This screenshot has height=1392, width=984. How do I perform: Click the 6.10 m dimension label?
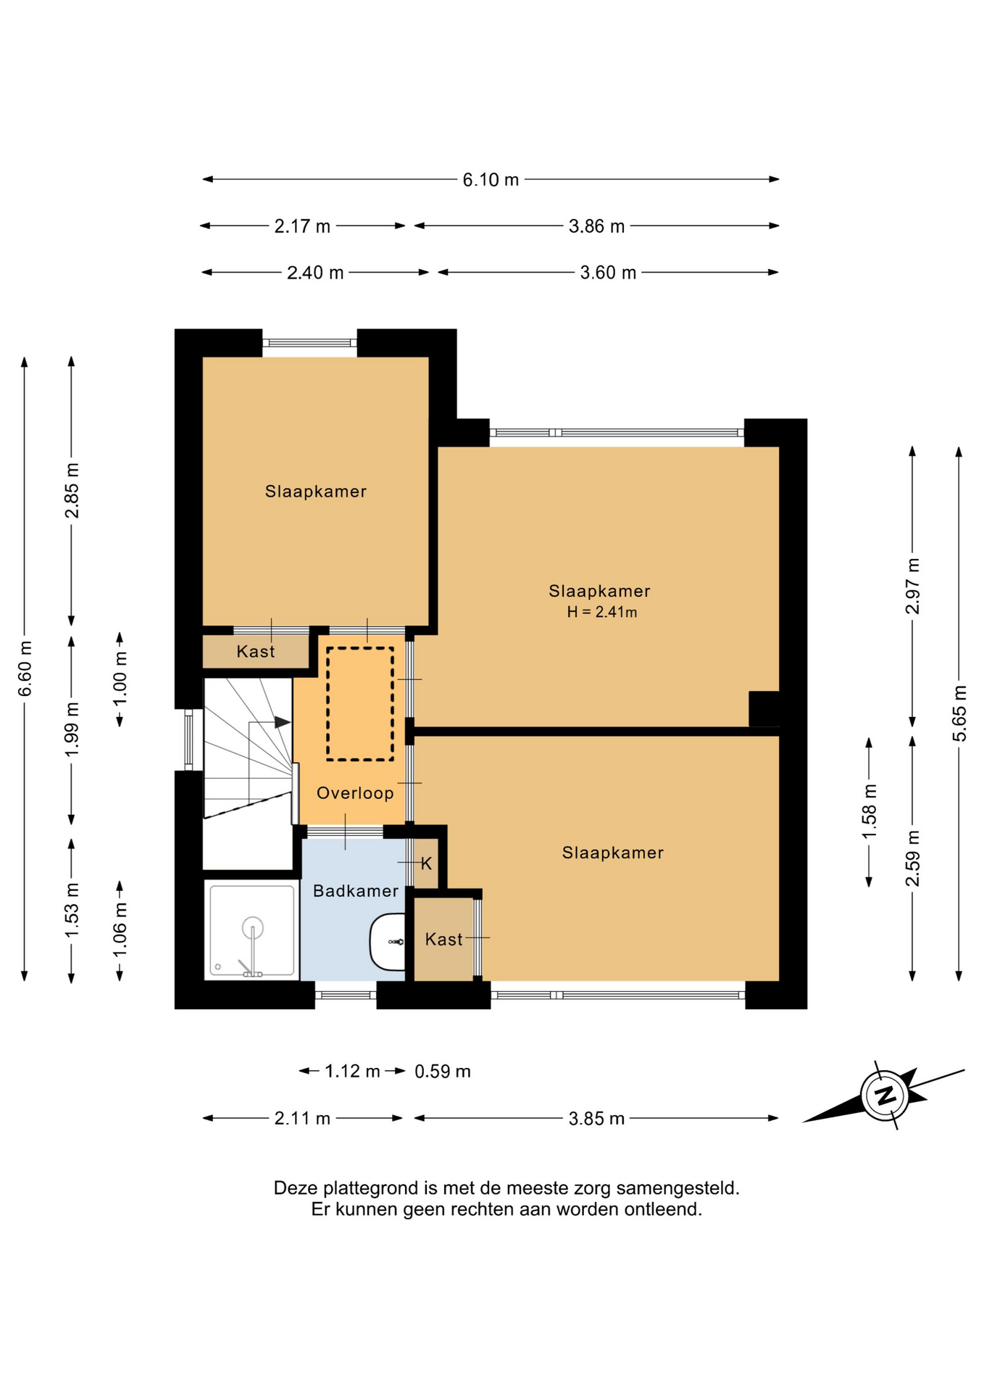click(491, 180)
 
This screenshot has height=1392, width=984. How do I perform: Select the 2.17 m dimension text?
click(302, 226)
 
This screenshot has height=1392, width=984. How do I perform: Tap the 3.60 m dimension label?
click(608, 273)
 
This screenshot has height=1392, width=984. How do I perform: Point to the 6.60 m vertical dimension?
click(25, 668)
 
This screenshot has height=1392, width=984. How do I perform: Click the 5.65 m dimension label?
click(959, 713)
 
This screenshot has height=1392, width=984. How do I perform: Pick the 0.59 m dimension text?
click(443, 1072)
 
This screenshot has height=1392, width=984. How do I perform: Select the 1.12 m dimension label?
click(352, 1072)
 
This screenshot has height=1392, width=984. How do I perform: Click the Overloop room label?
click(355, 793)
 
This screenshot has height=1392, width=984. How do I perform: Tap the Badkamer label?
click(356, 891)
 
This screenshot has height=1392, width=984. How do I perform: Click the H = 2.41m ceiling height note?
click(602, 612)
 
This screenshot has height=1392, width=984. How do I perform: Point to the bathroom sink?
click(388, 942)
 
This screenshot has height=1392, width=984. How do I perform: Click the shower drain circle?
click(253, 927)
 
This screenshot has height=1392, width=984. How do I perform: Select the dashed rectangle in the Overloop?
click(360, 704)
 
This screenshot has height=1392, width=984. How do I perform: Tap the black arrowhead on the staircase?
click(283, 722)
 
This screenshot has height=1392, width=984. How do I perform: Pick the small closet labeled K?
click(426, 863)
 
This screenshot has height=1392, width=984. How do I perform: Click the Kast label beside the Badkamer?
click(443, 940)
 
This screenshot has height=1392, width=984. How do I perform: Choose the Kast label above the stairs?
click(256, 652)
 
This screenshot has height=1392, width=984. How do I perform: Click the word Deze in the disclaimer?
click(296, 1188)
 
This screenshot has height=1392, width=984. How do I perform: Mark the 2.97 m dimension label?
click(913, 586)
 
